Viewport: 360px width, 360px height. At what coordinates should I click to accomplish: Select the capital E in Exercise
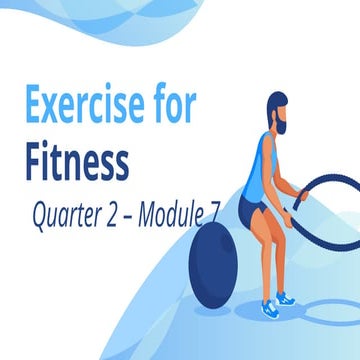click(x=35, y=104)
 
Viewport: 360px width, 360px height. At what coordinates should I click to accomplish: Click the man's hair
click(x=280, y=101)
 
